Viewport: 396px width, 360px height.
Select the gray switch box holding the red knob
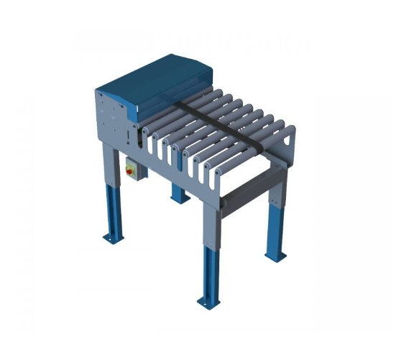click(x=133, y=168)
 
